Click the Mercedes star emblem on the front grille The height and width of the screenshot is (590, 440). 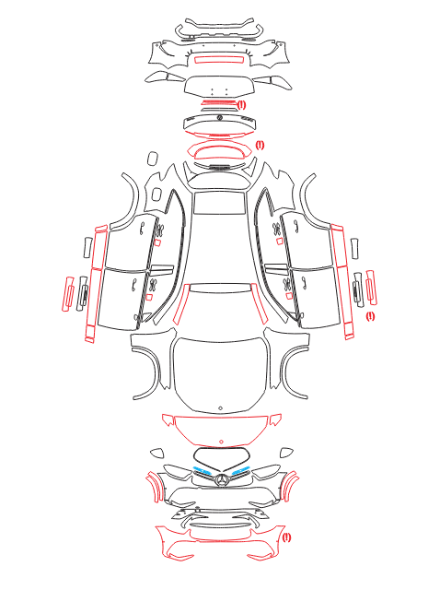point(221,480)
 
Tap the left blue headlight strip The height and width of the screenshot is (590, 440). point(202,470)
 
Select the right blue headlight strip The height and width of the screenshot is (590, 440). point(241,470)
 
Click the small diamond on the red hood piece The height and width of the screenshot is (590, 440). point(221,442)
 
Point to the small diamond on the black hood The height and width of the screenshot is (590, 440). point(221,407)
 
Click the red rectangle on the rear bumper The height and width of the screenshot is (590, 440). point(218,59)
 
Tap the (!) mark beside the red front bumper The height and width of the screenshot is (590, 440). point(286,537)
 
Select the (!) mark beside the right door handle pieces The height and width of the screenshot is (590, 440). point(370,316)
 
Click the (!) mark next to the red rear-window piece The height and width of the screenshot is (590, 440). point(260,145)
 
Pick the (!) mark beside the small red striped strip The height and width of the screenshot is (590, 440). point(241,104)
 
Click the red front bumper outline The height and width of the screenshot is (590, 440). point(221,541)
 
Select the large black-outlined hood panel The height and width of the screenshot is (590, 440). point(221,372)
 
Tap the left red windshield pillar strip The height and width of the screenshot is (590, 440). point(181,305)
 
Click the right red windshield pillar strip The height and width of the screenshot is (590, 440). point(260,304)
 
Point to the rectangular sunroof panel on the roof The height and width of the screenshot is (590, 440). point(218,203)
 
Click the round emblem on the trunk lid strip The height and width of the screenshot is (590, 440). point(220,118)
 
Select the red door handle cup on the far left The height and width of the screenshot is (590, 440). point(67,294)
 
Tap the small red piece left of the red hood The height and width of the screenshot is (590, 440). point(168,419)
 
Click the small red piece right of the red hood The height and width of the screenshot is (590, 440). point(275,419)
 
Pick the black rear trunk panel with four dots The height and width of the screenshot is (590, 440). point(220,86)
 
